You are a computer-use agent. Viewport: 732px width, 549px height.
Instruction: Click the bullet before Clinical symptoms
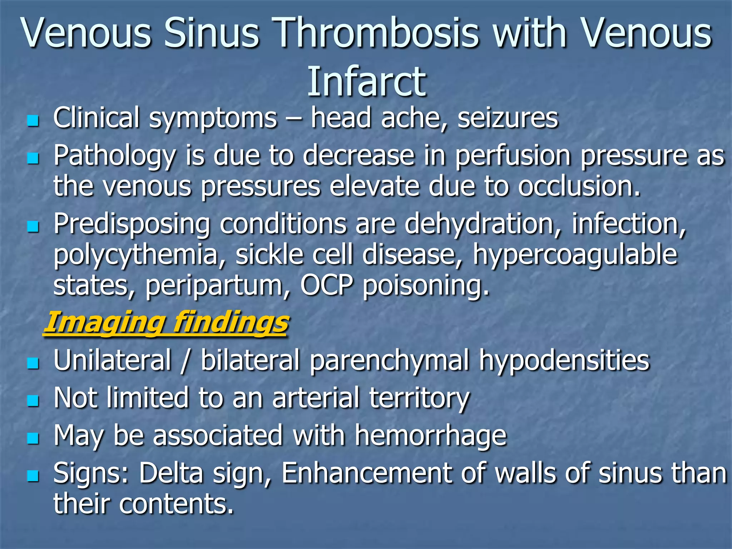point(33,121)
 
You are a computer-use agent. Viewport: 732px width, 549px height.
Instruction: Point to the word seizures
point(508,118)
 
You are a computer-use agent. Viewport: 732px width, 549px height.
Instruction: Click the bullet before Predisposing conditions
point(33,227)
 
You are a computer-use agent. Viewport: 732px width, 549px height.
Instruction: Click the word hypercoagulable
point(575,255)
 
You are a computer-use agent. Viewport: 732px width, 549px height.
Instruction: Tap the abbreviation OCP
point(327,285)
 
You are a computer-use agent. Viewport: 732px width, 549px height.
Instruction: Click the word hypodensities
point(564,360)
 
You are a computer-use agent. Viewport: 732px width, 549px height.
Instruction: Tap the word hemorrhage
point(430,436)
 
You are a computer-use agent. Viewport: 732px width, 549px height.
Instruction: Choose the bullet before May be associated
point(33,438)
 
